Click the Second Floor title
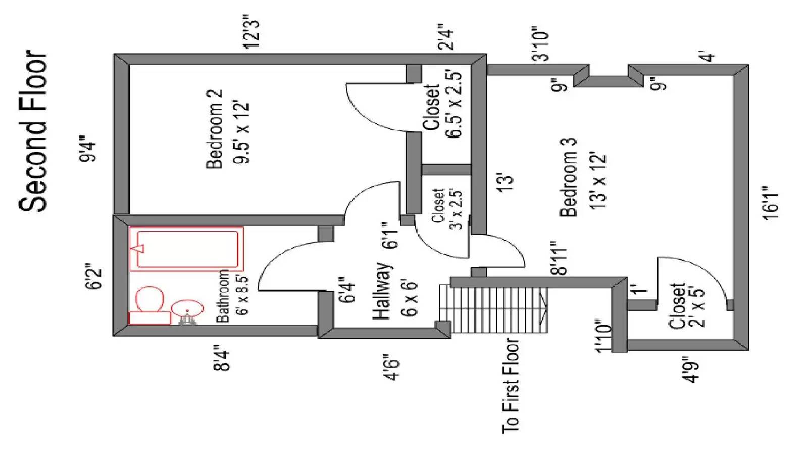[x=33, y=130]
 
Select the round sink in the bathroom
[x=187, y=308]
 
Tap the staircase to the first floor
[x=494, y=309]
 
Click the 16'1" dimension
[x=771, y=202]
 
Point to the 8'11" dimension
[x=559, y=258]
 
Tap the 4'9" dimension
[x=692, y=370]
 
